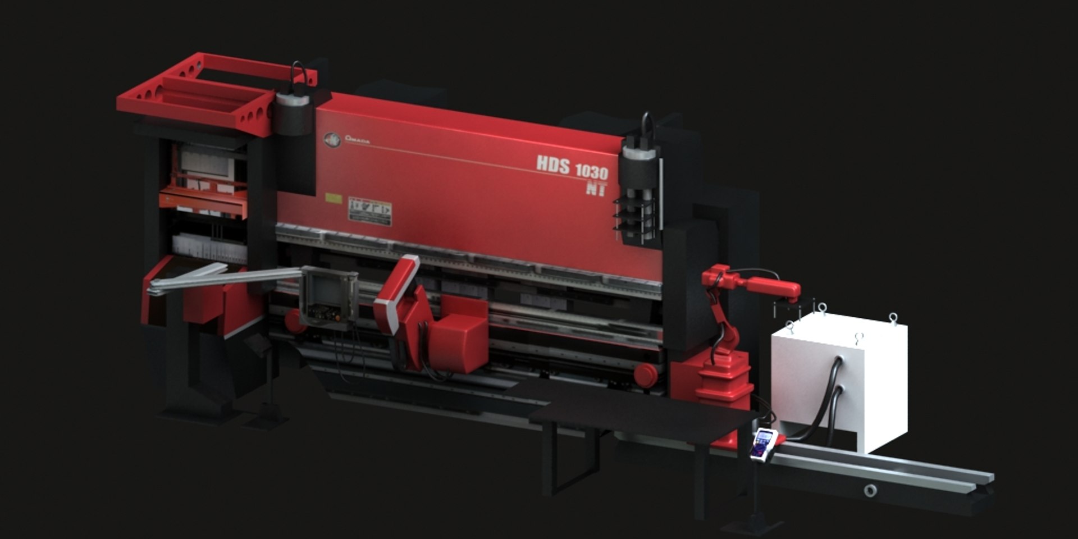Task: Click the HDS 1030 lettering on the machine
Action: [572, 167]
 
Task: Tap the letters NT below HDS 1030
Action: [596, 189]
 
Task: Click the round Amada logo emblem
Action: [332, 140]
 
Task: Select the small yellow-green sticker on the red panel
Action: [334, 199]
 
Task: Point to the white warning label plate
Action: [370, 211]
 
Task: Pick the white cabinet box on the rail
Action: [839, 381]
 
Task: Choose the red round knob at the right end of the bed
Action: [645, 373]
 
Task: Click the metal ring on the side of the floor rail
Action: [870, 490]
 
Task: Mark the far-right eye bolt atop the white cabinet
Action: [893, 318]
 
